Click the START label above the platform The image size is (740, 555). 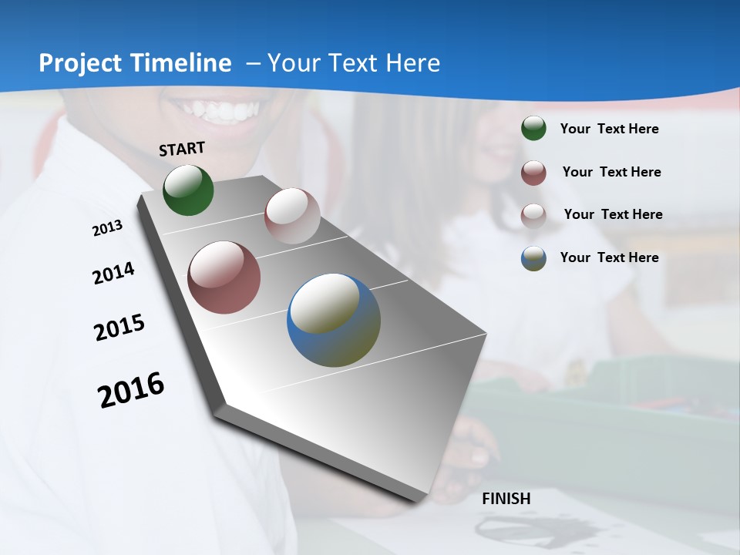(x=182, y=148)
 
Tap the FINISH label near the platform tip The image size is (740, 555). (x=506, y=499)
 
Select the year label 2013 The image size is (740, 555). (x=108, y=228)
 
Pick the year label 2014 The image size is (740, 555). (x=114, y=274)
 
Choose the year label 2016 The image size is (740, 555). (x=131, y=390)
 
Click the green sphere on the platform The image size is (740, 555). (x=188, y=190)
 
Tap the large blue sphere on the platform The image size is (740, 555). (x=334, y=320)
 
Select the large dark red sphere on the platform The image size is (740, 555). (x=224, y=277)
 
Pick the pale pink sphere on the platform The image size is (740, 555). (x=292, y=216)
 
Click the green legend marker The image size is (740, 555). (x=533, y=129)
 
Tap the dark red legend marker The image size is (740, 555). (x=533, y=173)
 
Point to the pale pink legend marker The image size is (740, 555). (x=533, y=215)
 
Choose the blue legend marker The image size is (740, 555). (x=533, y=258)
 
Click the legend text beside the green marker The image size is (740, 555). (x=609, y=129)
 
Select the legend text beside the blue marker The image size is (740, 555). (x=609, y=257)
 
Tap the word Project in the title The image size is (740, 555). (x=79, y=63)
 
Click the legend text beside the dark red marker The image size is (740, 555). (x=611, y=172)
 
